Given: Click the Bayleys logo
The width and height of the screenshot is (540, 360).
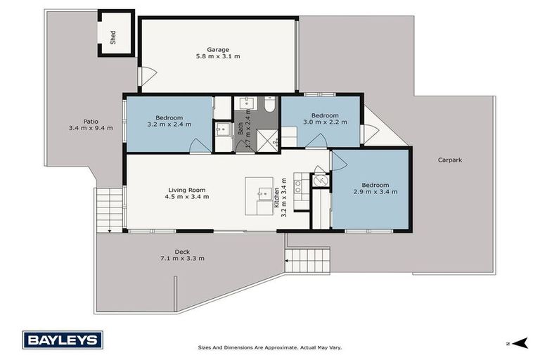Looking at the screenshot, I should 63,340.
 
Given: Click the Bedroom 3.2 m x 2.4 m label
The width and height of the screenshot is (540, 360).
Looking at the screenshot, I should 169,122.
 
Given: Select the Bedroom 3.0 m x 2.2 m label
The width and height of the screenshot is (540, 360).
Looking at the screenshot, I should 325,120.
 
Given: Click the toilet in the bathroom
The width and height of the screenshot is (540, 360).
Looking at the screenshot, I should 269,105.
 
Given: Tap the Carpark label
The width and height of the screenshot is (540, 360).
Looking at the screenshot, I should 449,160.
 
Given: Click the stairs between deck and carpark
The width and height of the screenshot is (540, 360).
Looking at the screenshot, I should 307,260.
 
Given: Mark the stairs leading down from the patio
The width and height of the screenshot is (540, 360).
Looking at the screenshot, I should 109,209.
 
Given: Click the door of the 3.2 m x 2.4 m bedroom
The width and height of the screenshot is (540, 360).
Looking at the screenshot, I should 200,146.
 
